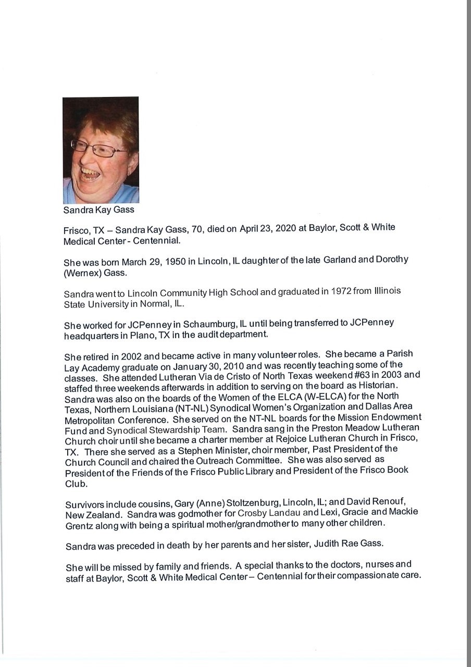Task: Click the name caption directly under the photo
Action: click(98, 210)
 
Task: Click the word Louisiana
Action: click(136, 407)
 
